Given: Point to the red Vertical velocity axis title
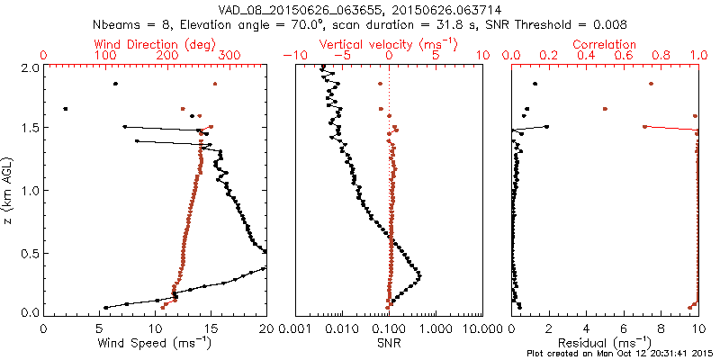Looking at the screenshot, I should coord(389,44).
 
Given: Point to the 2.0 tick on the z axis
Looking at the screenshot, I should coord(29,67).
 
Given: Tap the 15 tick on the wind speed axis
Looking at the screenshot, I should coord(211,328).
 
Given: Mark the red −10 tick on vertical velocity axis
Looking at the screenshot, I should coord(293,56).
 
